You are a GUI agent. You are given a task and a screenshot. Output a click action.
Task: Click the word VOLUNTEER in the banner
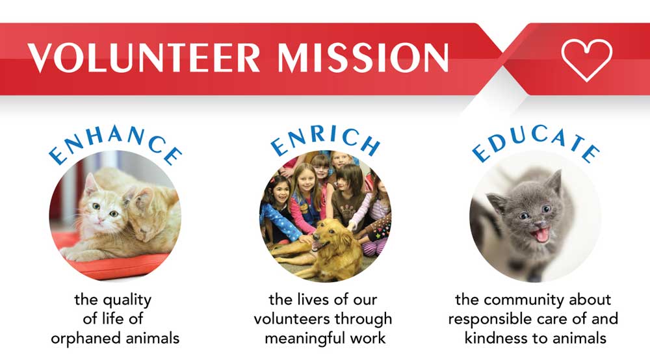point(144,57)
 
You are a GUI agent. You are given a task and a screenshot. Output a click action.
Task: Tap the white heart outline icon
point(586,59)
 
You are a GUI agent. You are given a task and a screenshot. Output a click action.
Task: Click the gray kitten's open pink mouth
point(541,235)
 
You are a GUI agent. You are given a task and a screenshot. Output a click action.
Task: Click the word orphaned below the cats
point(86,339)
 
